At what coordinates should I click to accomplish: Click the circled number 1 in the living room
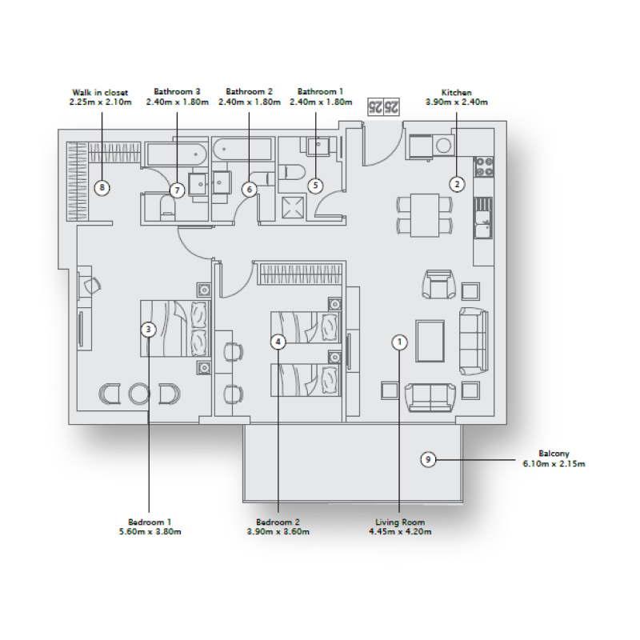point(399,342)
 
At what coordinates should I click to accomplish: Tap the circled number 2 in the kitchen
point(456,184)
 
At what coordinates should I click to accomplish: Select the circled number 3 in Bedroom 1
point(148,328)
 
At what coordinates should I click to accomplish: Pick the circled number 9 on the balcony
point(429,459)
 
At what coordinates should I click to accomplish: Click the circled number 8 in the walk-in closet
point(101,188)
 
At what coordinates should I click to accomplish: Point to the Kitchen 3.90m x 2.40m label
point(457,97)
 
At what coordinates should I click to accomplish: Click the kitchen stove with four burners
point(484,166)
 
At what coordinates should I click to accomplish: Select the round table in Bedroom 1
point(139,394)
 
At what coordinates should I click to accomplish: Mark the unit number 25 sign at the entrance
point(383,106)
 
